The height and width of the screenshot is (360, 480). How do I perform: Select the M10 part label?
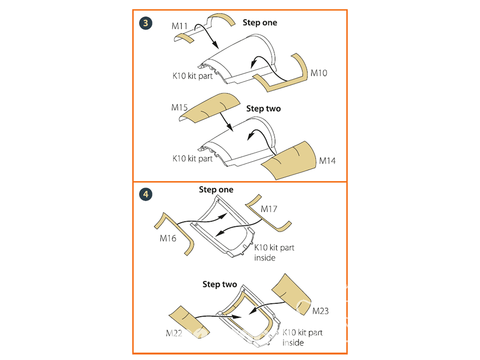[x=318, y=73]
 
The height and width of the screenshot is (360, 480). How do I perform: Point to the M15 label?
[x=179, y=108]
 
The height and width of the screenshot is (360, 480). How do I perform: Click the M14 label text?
[x=327, y=161]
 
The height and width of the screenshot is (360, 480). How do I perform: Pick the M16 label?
[x=168, y=239]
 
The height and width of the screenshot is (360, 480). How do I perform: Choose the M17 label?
[x=269, y=209]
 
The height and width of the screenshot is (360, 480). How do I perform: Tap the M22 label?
[x=175, y=334]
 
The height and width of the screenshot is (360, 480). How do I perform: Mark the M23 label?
[x=320, y=311]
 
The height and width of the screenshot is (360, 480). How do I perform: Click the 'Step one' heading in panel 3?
[x=260, y=23]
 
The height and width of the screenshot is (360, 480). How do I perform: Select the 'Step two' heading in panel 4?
[x=220, y=285]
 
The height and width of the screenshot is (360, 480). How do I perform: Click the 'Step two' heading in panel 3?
[x=264, y=108]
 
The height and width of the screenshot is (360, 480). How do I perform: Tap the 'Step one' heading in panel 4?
[x=216, y=190]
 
